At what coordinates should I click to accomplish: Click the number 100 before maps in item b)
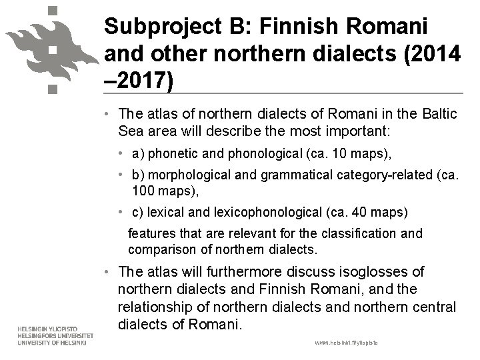[x=143, y=191]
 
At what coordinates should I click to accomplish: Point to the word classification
[x=360, y=234]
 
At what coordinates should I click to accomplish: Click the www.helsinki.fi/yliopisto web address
[x=346, y=341]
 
